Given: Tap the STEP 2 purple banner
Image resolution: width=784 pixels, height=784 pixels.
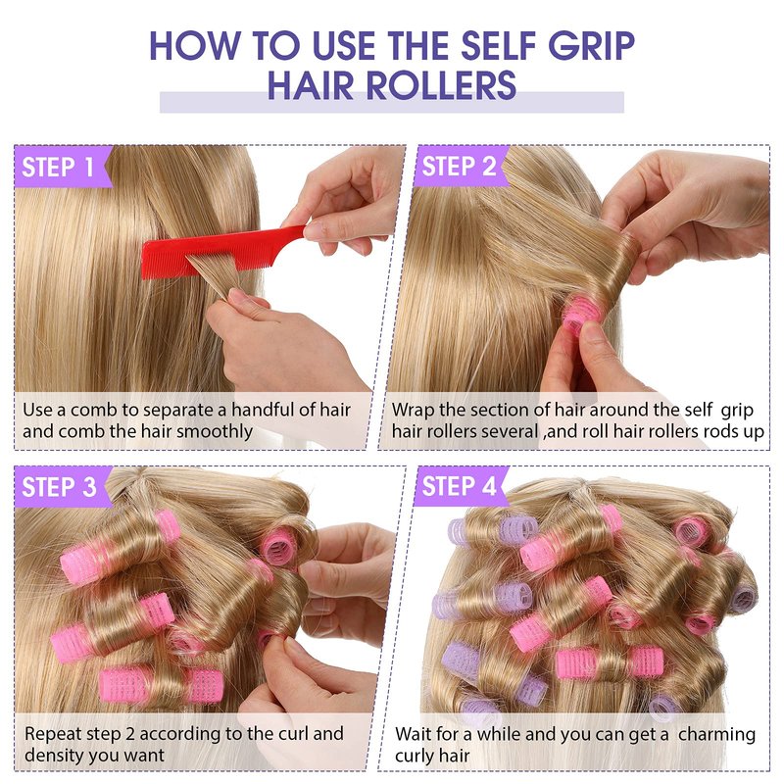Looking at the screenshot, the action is [x=461, y=167].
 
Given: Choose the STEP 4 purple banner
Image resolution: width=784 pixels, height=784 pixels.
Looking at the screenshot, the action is [x=461, y=486].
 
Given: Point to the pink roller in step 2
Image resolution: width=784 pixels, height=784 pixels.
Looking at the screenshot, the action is [x=581, y=312].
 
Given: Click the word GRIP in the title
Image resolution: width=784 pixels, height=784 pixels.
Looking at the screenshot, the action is [x=591, y=45].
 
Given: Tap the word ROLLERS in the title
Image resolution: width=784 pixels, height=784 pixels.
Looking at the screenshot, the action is [x=442, y=85].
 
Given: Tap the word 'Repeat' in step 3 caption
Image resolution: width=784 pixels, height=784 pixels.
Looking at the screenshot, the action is [x=53, y=734].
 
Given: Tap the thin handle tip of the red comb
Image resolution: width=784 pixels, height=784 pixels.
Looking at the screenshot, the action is [x=304, y=228].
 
